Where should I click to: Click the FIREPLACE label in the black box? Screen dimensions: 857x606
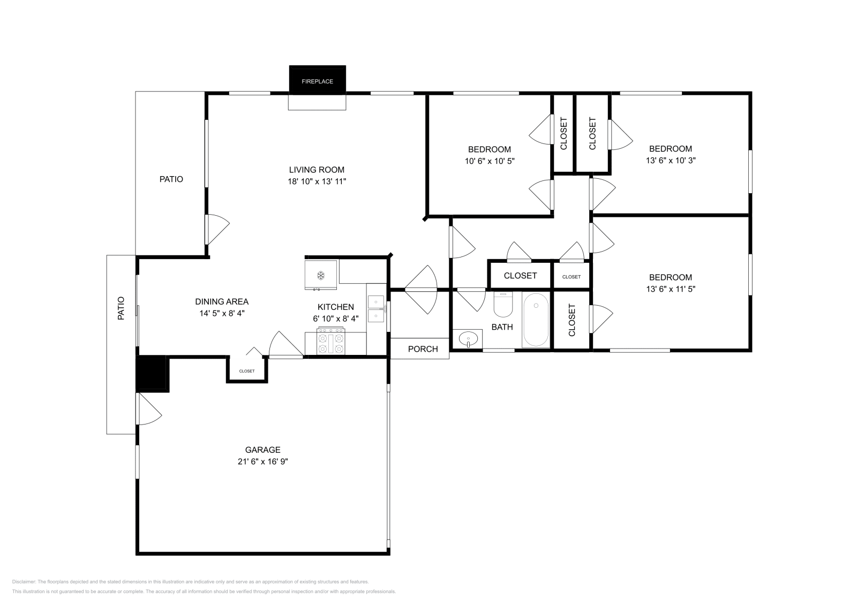(x=317, y=81)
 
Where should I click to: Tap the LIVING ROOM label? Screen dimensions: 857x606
(x=317, y=170)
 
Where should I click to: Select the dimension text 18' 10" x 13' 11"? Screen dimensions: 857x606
(x=317, y=181)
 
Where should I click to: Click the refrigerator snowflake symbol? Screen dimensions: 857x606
(x=321, y=275)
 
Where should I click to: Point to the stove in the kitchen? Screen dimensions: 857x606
(x=331, y=341)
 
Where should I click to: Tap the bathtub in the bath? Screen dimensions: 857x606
(x=536, y=320)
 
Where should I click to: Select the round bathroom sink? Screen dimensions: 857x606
(x=468, y=339)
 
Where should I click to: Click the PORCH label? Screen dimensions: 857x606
(x=423, y=349)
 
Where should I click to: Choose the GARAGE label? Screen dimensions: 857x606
(x=263, y=450)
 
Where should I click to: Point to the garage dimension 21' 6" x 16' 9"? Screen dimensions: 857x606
(x=263, y=461)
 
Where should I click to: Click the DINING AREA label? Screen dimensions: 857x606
(x=222, y=302)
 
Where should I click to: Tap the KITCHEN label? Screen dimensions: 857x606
(x=335, y=307)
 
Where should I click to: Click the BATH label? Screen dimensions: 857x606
(x=502, y=327)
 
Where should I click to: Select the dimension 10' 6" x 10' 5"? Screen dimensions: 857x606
(x=490, y=161)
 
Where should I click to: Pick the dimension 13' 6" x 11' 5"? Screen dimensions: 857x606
(x=670, y=289)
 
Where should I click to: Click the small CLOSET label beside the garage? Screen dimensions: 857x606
(x=247, y=371)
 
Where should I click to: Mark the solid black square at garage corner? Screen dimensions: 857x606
(x=152, y=374)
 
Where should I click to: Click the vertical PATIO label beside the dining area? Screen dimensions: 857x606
(x=121, y=308)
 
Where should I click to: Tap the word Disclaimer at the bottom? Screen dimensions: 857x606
(x=24, y=582)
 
